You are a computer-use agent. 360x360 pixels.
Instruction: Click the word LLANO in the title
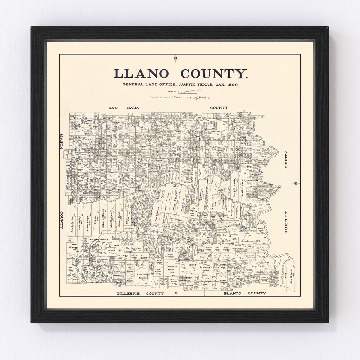tap(143, 73)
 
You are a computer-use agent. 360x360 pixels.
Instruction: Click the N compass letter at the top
tap(176, 59)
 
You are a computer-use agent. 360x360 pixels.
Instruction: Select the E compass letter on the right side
tap(295, 183)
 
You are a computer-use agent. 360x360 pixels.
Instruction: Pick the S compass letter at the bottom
tap(176, 293)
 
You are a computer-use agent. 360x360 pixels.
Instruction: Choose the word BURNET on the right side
tap(286, 222)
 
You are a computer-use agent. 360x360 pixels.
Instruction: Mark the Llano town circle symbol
tap(175, 184)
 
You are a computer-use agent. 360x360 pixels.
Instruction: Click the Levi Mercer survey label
tap(262, 263)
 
